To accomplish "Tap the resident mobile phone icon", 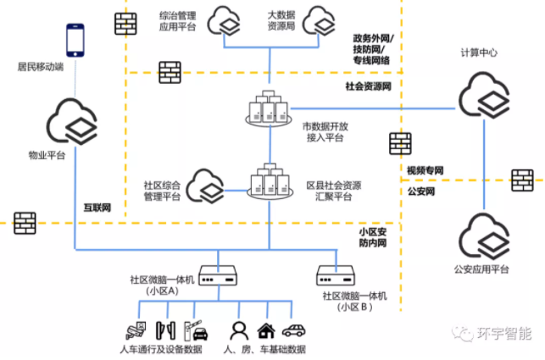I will tap(76, 40).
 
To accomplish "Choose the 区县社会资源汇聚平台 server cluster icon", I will tap(270, 180).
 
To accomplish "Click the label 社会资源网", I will tap(369, 86).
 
